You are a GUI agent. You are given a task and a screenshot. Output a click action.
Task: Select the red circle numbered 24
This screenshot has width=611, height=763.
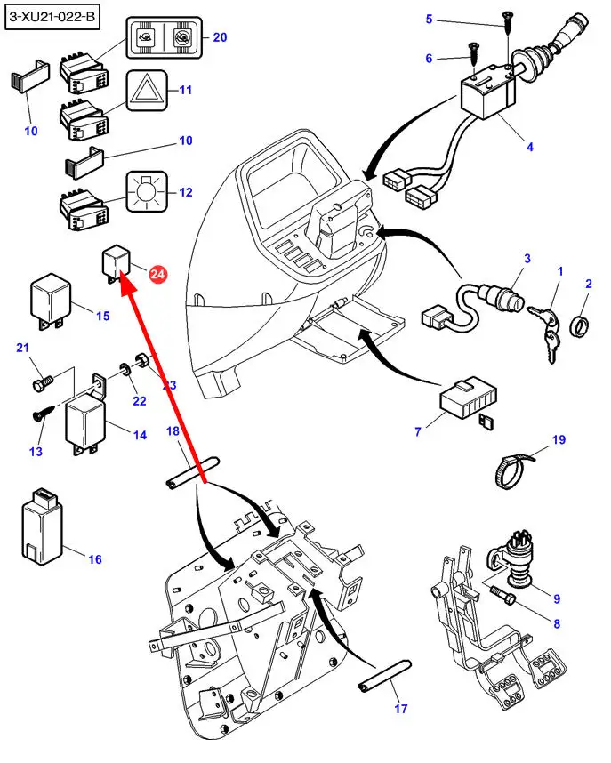click(157, 276)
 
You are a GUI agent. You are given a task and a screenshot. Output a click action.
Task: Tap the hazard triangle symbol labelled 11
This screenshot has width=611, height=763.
click(147, 91)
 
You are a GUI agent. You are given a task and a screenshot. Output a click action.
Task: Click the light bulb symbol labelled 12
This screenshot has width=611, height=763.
click(146, 192)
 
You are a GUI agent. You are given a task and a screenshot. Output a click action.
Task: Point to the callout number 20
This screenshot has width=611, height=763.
click(220, 37)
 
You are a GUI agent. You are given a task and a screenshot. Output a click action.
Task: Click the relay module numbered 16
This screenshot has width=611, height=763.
click(41, 526)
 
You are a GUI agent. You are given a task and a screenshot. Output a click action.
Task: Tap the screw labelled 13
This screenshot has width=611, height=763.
click(42, 414)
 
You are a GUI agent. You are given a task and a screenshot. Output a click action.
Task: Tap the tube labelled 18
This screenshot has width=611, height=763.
click(191, 473)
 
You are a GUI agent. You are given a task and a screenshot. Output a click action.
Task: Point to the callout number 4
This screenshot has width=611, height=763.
click(529, 147)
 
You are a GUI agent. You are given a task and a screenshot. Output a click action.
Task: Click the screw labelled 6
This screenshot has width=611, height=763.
click(470, 60)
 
